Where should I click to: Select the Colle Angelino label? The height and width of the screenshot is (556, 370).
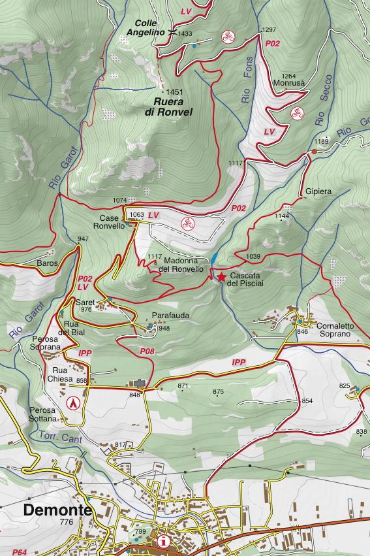click(x=145, y=27)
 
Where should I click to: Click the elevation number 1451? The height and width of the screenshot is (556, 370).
click(x=175, y=92)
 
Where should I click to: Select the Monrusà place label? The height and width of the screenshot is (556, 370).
click(x=290, y=83)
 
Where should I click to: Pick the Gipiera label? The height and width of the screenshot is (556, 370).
click(x=318, y=192)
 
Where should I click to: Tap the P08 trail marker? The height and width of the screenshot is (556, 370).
click(x=147, y=352)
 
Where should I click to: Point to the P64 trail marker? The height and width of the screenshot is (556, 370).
click(x=20, y=551)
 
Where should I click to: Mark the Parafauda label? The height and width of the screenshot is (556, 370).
click(x=170, y=316)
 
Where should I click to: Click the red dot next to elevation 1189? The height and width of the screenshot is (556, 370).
click(x=314, y=152)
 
